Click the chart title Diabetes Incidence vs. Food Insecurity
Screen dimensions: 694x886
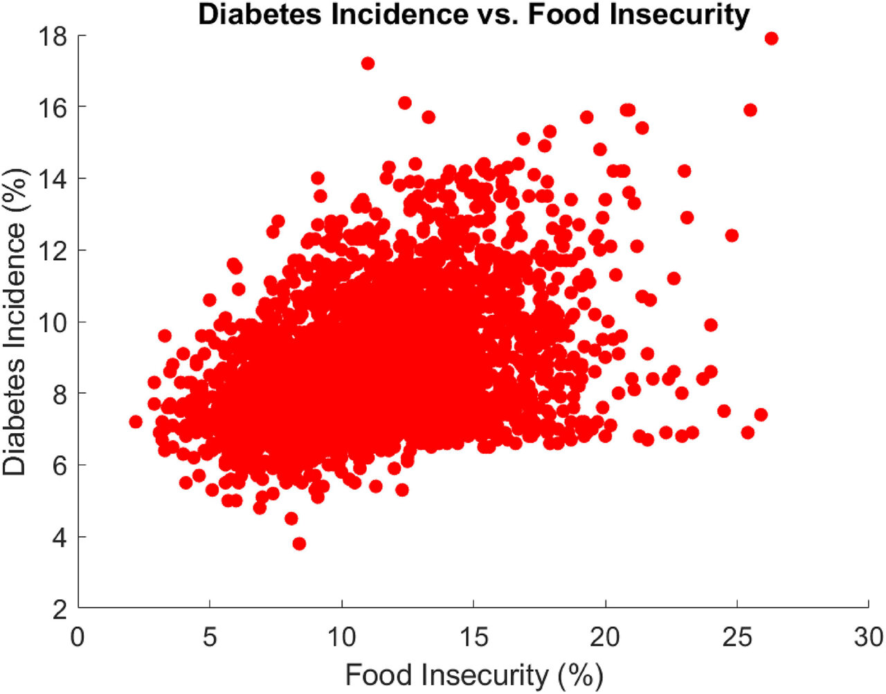pos(473,14)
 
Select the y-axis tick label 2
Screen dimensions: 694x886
pos(60,609)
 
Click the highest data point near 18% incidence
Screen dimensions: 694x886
pos(771,39)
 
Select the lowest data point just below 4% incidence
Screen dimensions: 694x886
pos(299,544)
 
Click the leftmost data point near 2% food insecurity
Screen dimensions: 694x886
pos(136,421)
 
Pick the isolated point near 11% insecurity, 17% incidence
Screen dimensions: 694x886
pos(368,64)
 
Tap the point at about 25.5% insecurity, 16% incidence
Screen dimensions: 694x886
pos(750,110)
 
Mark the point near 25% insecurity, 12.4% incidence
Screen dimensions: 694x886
pos(732,235)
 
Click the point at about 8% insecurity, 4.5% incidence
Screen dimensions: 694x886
pos(291,518)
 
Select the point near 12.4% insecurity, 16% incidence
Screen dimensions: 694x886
pos(405,103)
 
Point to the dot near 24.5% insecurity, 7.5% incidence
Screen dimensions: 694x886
pos(724,411)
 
